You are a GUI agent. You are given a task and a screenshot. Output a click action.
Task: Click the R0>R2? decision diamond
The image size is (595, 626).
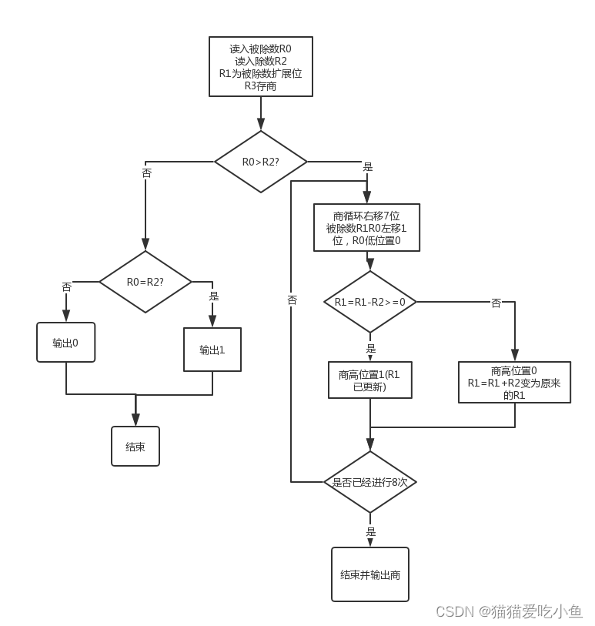[x=260, y=162]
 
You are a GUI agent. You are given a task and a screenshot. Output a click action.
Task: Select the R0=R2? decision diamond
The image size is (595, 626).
[x=145, y=282]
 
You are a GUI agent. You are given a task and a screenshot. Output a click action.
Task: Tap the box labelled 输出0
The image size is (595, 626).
[x=66, y=343]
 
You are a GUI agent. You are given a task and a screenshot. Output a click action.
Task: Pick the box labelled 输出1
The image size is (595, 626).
[x=212, y=350]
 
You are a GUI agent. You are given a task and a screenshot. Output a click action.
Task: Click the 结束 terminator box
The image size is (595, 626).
[x=135, y=447]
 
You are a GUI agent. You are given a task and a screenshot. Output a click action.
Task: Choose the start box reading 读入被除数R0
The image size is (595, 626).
[x=260, y=67]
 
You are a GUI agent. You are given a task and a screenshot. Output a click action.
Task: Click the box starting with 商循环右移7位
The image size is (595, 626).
[x=366, y=228]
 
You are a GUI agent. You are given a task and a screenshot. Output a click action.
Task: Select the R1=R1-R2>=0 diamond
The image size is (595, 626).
[x=370, y=303]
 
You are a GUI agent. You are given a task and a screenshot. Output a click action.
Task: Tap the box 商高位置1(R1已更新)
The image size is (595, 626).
[x=370, y=380]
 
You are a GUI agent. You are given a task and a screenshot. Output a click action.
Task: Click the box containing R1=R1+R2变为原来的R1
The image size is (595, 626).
[x=514, y=383]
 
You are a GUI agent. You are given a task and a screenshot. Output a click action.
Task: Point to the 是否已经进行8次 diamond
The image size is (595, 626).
[x=370, y=482]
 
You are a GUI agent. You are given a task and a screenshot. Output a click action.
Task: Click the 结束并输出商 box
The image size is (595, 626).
[x=370, y=574]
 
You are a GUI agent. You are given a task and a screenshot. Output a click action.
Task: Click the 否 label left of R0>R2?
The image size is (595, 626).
[x=147, y=173]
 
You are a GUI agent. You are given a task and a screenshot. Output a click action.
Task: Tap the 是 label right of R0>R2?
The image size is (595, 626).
[x=367, y=167]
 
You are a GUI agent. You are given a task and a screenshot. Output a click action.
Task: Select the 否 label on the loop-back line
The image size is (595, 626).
[x=292, y=300]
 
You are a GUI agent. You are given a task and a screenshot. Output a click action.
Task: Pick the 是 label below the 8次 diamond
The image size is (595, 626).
[x=371, y=531]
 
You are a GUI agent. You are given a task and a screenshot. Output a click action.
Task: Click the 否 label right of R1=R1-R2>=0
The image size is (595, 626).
[x=496, y=303]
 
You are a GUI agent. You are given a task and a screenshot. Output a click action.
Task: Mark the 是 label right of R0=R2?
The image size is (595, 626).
[x=214, y=296]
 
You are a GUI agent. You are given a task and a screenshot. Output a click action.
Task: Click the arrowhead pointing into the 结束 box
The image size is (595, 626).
[x=135, y=420]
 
